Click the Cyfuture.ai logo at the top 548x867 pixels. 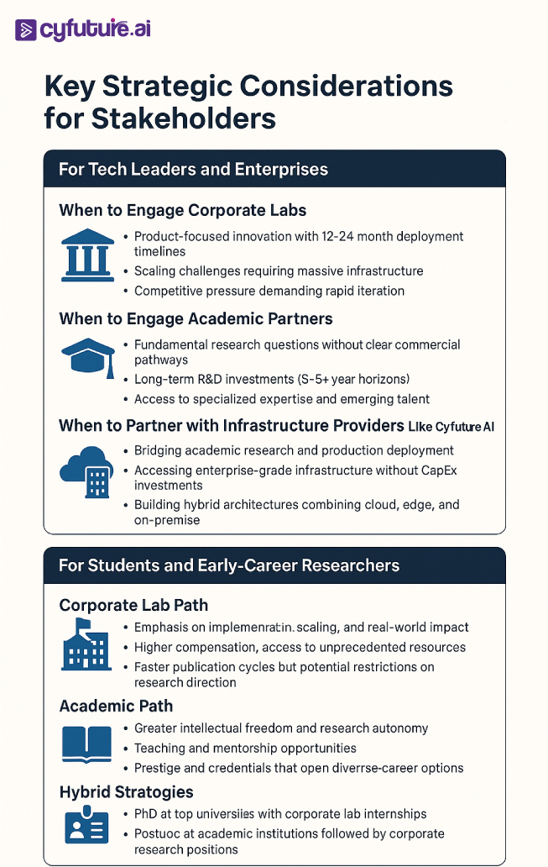83,30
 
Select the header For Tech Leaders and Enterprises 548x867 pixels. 193,170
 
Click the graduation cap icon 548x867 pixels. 87,359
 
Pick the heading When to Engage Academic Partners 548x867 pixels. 196,318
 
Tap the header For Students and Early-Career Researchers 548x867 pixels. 228,565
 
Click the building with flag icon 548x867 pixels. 86,644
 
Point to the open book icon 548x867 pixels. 86,744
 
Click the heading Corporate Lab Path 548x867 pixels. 133,605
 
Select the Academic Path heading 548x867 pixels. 115,706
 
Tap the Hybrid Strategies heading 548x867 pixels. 126,792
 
